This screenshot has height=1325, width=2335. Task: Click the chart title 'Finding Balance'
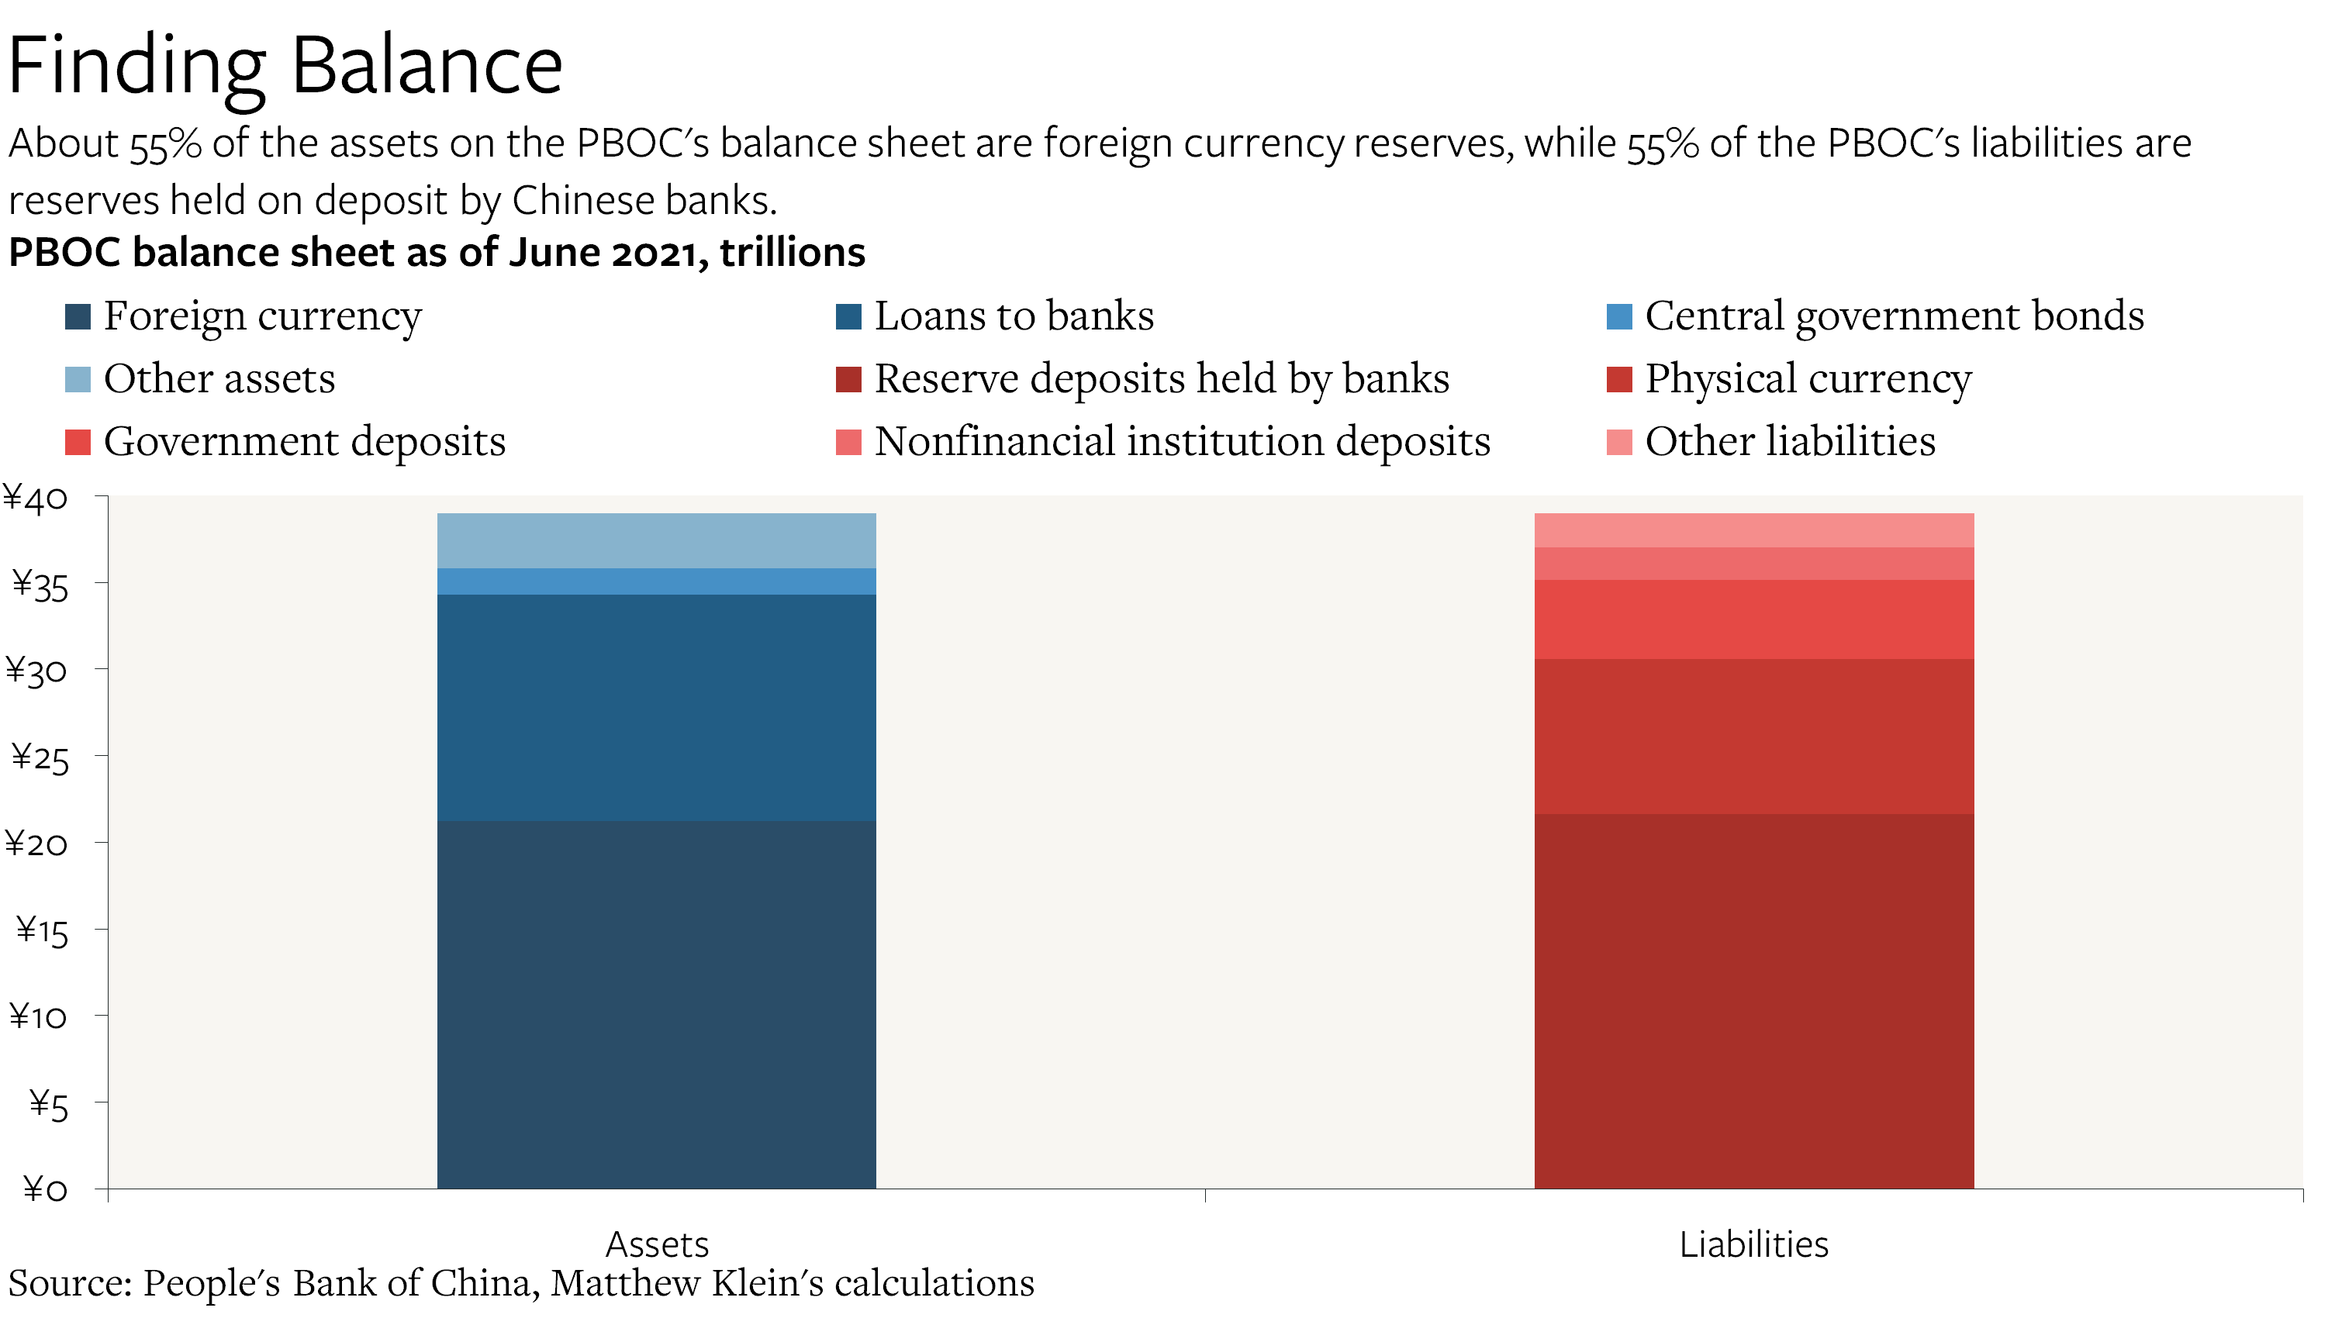click(285, 66)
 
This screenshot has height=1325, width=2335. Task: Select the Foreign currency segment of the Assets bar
click(656, 1004)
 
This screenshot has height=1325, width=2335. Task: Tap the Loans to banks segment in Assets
click(656, 707)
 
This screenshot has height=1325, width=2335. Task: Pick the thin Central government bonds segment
click(656, 581)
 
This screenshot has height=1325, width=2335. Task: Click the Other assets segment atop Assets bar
click(656, 540)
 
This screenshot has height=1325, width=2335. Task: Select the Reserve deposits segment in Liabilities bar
click(1753, 1000)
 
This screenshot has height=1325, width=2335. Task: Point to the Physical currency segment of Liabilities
click(1753, 737)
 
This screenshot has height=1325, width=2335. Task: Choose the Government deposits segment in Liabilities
click(1753, 619)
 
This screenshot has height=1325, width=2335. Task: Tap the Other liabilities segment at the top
click(1753, 530)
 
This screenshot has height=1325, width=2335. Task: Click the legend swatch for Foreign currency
click(78, 316)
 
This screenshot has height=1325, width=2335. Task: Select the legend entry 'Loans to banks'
click(1013, 316)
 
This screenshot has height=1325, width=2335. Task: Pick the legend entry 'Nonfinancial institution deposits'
click(1181, 441)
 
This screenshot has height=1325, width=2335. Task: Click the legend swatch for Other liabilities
click(1619, 442)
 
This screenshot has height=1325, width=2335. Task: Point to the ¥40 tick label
click(36, 499)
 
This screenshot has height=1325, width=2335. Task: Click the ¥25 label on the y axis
click(39, 758)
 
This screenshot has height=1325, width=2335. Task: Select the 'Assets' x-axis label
click(656, 1244)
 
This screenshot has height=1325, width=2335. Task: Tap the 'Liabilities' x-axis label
click(1753, 1244)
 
